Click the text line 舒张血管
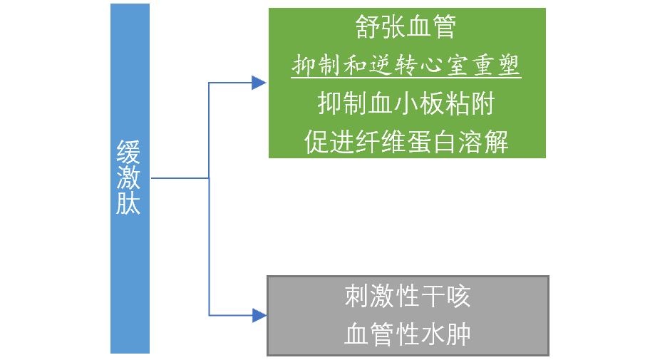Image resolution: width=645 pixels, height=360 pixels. tap(406, 29)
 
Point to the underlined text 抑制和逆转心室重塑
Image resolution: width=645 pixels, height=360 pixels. tap(406, 66)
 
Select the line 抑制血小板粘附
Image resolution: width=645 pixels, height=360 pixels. tap(406, 104)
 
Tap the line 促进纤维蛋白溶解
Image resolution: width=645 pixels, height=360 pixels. tap(406, 141)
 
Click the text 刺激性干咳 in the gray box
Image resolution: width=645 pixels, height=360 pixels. tap(407, 297)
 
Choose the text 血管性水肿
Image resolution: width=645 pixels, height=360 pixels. tap(407, 334)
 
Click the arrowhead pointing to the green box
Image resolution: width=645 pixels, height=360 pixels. tap(259, 83)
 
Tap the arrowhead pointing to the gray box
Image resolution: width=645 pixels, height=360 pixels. tap(259, 314)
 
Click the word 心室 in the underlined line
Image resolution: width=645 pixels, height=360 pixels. tap(445, 66)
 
